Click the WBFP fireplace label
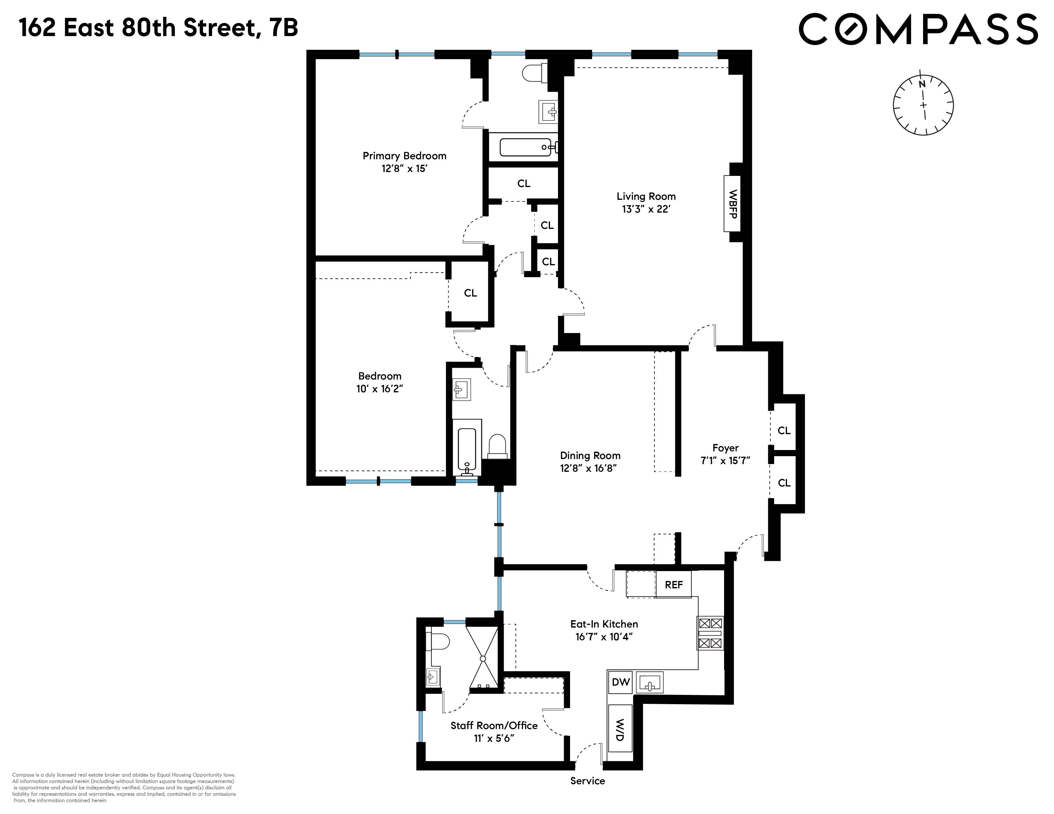(x=733, y=204)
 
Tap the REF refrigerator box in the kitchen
(x=674, y=584)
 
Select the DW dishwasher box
(x=621, y=682)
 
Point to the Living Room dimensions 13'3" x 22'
(x=646, y=209)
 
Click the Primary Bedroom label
(x=404, y=156)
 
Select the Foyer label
(x=725, y=448)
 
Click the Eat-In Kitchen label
(x=604, y=624)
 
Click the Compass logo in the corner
(x=918, y=29)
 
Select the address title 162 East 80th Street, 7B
(x=158, y=28)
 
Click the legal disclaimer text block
(x=124, y=788)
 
